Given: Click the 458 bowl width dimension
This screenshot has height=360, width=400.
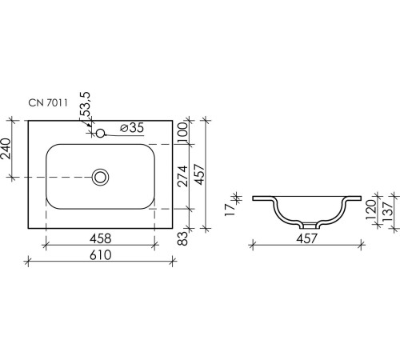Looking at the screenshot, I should [x=100, y=238].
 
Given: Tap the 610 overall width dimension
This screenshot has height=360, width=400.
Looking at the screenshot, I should [x=100, y=254].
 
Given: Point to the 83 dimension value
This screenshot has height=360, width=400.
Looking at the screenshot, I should [x=182, y=237].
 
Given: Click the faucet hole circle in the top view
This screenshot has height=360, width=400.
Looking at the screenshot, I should [x=101, y=130].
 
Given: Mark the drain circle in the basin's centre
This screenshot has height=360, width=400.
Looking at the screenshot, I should [x=101, y=176].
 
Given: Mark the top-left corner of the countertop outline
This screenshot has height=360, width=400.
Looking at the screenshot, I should [x=29, y=121].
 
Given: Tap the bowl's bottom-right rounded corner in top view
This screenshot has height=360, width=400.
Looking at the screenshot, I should [x=150, y=204].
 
